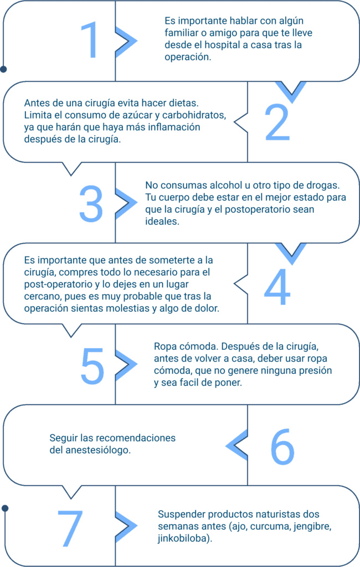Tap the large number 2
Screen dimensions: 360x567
(x=277, y=122)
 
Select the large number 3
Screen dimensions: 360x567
(x=91, y=203)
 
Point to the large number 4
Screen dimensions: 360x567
(x=277, y=287)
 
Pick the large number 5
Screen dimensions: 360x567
(x=92, y=365)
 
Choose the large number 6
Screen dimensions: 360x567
(x=282, y=447)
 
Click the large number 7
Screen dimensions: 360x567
(x=70, y=528)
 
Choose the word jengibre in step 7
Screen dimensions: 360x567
(x=312, y=526)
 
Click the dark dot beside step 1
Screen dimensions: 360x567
(x=4, y=69)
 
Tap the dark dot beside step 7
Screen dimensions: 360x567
(x=5, y=508)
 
